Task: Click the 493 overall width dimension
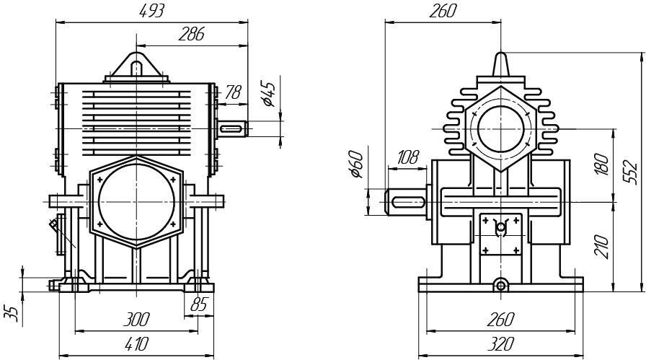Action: click(x=153, y=11)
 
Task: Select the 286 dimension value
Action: click(x=192, y=34)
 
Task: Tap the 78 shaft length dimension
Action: click(x=232, y=92)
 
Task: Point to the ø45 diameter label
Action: click(x=269, y=94)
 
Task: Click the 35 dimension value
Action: click(x=11, y=313)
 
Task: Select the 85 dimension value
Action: click(x=199, y=305)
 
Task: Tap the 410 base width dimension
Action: click(x=136, y=343)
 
